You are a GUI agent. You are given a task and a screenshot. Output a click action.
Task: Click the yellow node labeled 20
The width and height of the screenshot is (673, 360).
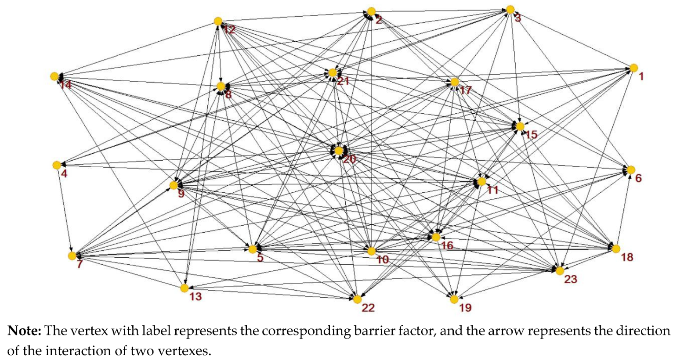[338, 151]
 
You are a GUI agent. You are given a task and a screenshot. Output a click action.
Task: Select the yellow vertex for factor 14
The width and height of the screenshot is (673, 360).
[54, 76]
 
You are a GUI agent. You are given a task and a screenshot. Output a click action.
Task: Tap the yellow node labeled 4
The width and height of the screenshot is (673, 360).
[57, 165]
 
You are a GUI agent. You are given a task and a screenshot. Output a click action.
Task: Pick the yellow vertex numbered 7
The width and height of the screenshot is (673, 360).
[72, 256]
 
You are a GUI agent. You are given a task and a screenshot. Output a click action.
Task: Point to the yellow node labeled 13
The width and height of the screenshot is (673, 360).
[185, 288]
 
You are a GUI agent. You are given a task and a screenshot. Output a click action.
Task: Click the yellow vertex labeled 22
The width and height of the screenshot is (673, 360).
[357, 299]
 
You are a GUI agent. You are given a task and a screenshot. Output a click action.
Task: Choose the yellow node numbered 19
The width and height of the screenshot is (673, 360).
[454, 299]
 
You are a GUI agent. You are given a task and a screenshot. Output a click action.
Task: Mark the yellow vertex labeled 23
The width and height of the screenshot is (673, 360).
[559, 270]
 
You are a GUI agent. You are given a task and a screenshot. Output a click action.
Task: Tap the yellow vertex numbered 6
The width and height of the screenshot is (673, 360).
[631, 170]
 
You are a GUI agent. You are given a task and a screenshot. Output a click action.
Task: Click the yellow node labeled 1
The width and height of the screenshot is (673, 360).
[633, 68]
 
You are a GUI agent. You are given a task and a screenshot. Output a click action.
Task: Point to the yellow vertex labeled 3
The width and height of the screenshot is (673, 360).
[510, 9]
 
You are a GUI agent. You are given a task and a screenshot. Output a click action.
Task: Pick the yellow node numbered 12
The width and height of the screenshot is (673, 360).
[217, 21]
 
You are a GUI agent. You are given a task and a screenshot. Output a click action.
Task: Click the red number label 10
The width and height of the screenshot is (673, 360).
[383, 260]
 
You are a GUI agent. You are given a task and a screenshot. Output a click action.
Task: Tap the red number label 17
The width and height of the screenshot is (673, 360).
[466, 90]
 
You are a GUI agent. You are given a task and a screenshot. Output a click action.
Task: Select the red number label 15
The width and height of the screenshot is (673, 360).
[532, 134]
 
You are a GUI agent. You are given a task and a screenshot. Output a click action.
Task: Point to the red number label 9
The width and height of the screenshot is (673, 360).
[181, 193]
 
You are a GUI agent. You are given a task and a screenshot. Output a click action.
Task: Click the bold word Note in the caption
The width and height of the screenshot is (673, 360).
[24, 331]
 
